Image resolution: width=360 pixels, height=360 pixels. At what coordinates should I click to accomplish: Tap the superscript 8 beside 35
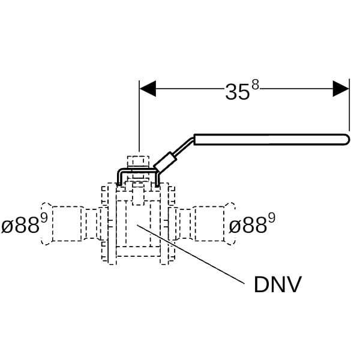pyautogui.click(x=255, y=85)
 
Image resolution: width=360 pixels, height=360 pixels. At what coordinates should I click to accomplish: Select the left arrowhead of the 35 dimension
pyautogui.click(x=148, y=89)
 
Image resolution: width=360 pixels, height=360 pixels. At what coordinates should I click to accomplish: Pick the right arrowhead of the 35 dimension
pyautogui.click(x=341, y=89)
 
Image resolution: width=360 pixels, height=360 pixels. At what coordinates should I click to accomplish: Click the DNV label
pyautogui.click(x=277, y=284)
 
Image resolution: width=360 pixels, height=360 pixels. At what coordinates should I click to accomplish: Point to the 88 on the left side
pyautogui.click(x=26, y=226)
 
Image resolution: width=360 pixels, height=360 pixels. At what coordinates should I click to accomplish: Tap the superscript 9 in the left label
pyautogui.click(x=44, y=218)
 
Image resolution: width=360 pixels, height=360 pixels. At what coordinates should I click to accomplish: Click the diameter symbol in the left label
pyautogui.click(x=7, y=227)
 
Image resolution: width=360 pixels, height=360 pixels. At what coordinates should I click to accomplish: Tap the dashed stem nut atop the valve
pyautogui.click(x=138, y=161)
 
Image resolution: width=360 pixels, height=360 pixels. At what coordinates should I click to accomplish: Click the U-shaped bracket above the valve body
pyautogui.click(x=137, y=172)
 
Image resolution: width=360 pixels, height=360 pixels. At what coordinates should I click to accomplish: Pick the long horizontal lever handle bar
pyautogui.click(x=270, y=139)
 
